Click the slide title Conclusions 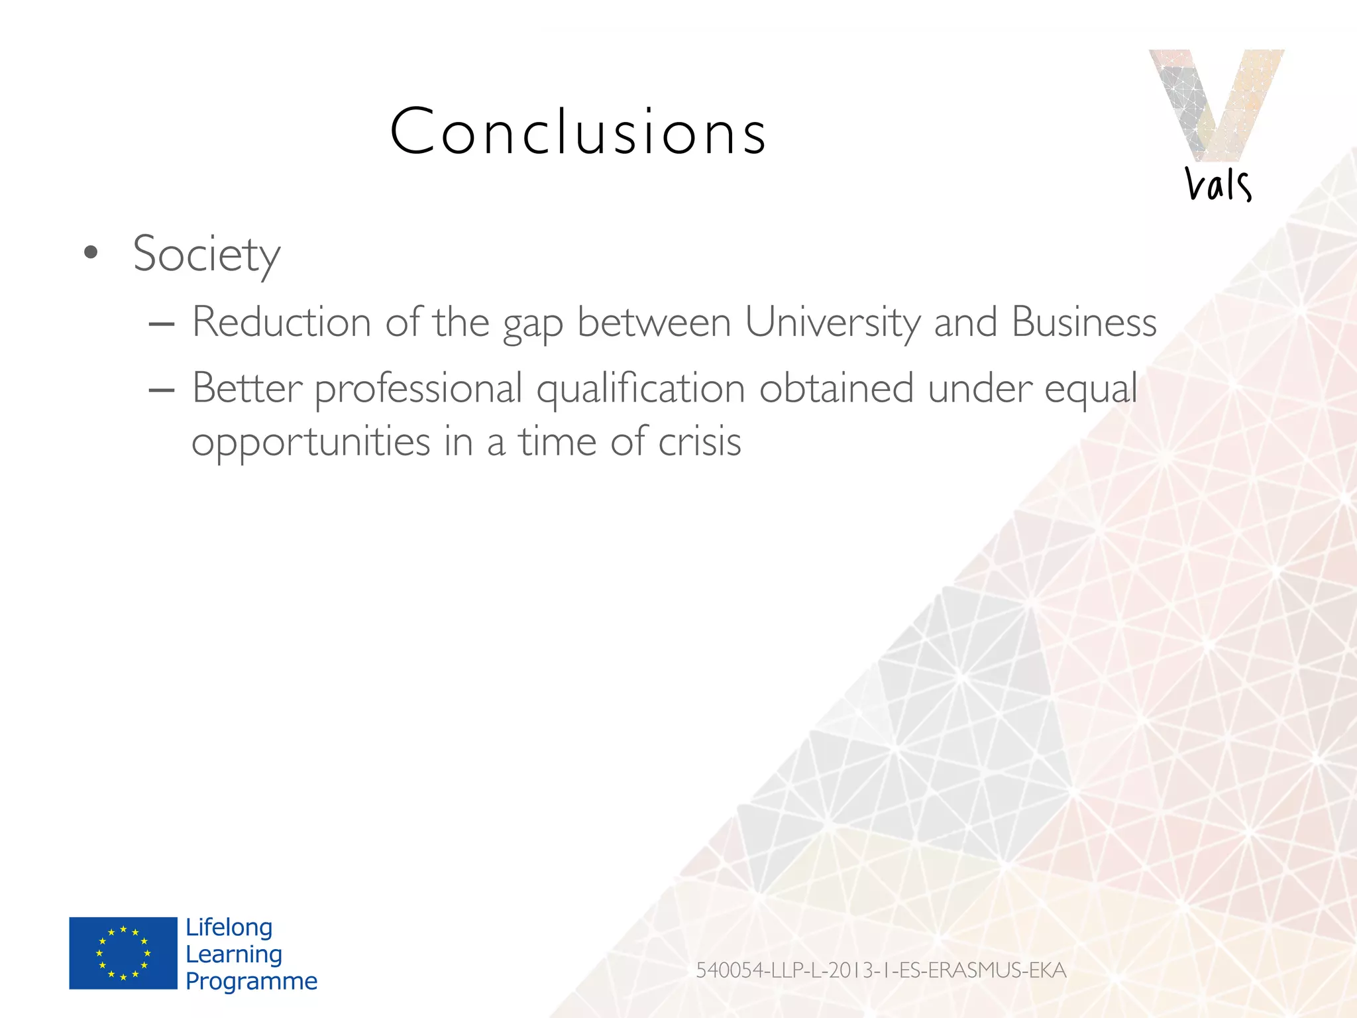tap(578, 132)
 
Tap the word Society tap(206, 254)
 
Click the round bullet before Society tap(91, 253)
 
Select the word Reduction tap(282, 323)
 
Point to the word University tap(832, 323)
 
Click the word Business tap(1084, 323)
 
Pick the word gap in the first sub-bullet tap(533, 325)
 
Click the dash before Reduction tap(162, 324)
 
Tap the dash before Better tap(162, 390)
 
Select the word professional tap(419, 390)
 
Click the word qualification tap(641, 390)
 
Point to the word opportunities tap(311, 443)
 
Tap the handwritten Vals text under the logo tap(1218, 184)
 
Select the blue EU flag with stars tap(123, 953)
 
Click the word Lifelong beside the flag tap(229, 927)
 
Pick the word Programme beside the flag tap(251, 981)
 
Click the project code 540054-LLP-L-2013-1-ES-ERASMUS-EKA tap(881, 970)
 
